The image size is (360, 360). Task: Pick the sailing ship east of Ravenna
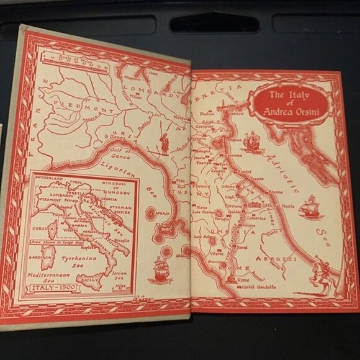point(250,142)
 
